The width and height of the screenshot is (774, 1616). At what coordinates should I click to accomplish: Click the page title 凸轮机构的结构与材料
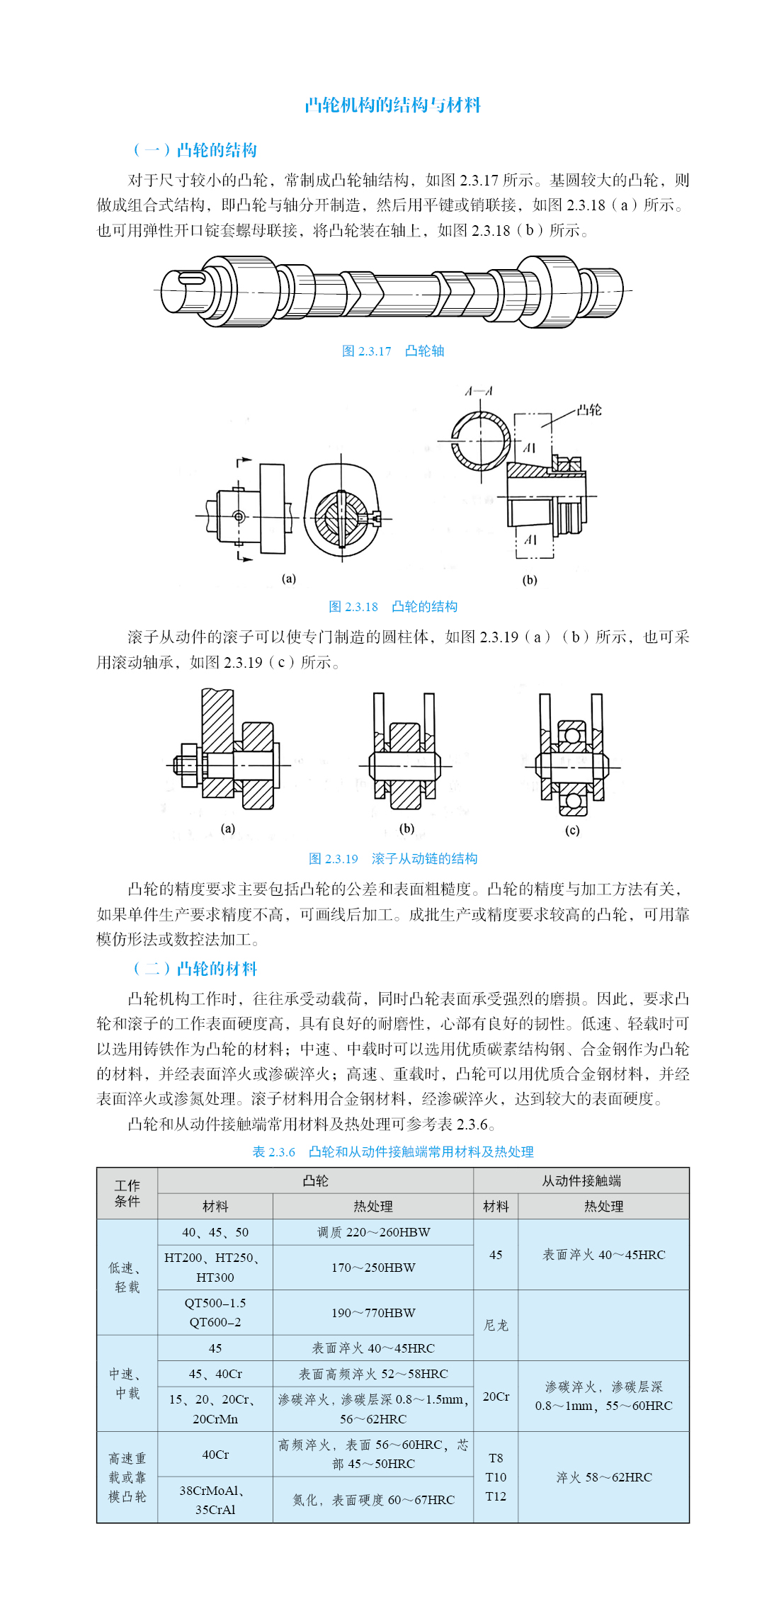[x=392, y=106]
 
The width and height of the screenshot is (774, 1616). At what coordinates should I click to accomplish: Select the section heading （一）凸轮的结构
[x=195, y=150]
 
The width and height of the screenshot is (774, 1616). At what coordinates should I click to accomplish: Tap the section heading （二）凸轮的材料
[x=195, y=968]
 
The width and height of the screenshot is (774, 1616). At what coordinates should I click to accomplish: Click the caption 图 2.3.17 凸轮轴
[x=392, y=351]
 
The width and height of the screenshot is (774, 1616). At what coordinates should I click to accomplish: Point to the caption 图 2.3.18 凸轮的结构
[x=392, y=607]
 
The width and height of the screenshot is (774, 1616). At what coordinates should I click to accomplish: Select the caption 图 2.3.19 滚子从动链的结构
[x=392, y=859]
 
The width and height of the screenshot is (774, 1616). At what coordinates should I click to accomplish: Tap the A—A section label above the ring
[x=479, y=392]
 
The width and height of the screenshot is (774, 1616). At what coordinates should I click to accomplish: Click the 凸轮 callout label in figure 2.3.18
[x=588, y=410]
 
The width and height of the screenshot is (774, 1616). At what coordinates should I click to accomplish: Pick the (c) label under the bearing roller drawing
[x=572, y=831]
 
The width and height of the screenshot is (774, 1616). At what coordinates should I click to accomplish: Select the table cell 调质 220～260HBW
[x=373, y=1232]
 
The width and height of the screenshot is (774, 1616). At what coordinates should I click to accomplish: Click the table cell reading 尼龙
[x=496, y=1325]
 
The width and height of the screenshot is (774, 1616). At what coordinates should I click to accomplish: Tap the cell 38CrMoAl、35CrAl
[x=215, y=1500]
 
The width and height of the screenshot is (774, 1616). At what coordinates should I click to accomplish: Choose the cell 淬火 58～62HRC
[x=603, y=1477]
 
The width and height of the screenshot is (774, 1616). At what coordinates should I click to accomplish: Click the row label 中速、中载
[x=127, y=1383]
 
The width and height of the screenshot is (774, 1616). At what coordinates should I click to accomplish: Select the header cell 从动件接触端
[x=581, y=1180]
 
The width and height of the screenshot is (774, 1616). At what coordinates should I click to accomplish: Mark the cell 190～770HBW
[x=373, y=1313]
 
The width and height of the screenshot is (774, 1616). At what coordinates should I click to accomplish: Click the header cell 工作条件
[x=127, y=1193]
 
